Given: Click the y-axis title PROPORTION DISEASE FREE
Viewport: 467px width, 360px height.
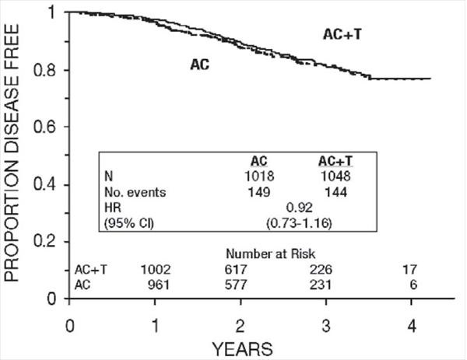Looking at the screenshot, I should coord(17,156).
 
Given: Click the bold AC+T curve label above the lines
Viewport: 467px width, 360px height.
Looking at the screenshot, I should coord(342,34).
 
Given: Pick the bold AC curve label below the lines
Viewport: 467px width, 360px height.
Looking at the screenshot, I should coord(202,65).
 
